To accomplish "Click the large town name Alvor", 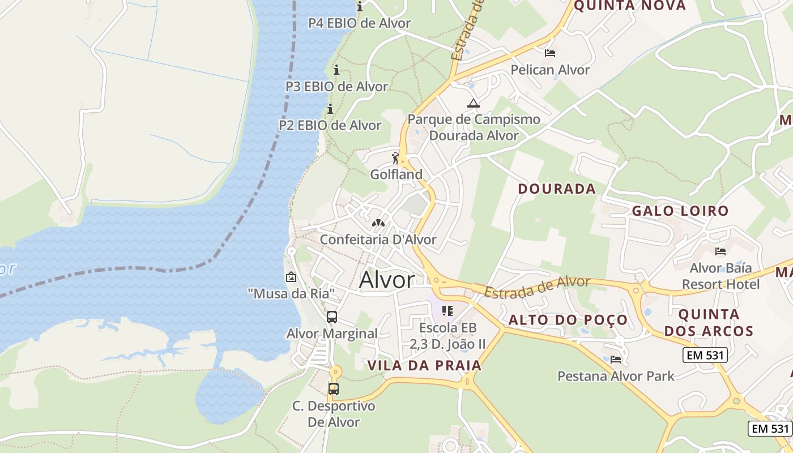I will (387, 280).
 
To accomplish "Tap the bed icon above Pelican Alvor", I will (549, 53).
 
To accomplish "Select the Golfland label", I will (396, 174).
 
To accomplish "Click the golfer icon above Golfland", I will (396, 159).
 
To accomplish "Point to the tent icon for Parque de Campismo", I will (473, 104).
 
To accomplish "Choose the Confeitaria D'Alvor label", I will (378, 240).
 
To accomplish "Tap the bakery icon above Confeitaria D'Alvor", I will (378, 224).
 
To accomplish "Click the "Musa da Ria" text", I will (291, 293).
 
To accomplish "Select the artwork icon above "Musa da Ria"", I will (291, 277).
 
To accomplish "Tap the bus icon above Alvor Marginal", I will (332, 317).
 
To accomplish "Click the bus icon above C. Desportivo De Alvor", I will (334, 389).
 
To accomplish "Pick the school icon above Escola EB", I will (447, 311).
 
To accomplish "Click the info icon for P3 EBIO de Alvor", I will (336, 70).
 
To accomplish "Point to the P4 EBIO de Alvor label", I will (359, 23).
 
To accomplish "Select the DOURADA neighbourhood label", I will (557, 189).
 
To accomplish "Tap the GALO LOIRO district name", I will (680, 211).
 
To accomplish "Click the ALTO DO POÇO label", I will (568, 320).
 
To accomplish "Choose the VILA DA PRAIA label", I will (425, 365).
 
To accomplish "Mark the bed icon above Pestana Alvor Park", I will (616, 360).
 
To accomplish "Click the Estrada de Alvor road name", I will (537, 287).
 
